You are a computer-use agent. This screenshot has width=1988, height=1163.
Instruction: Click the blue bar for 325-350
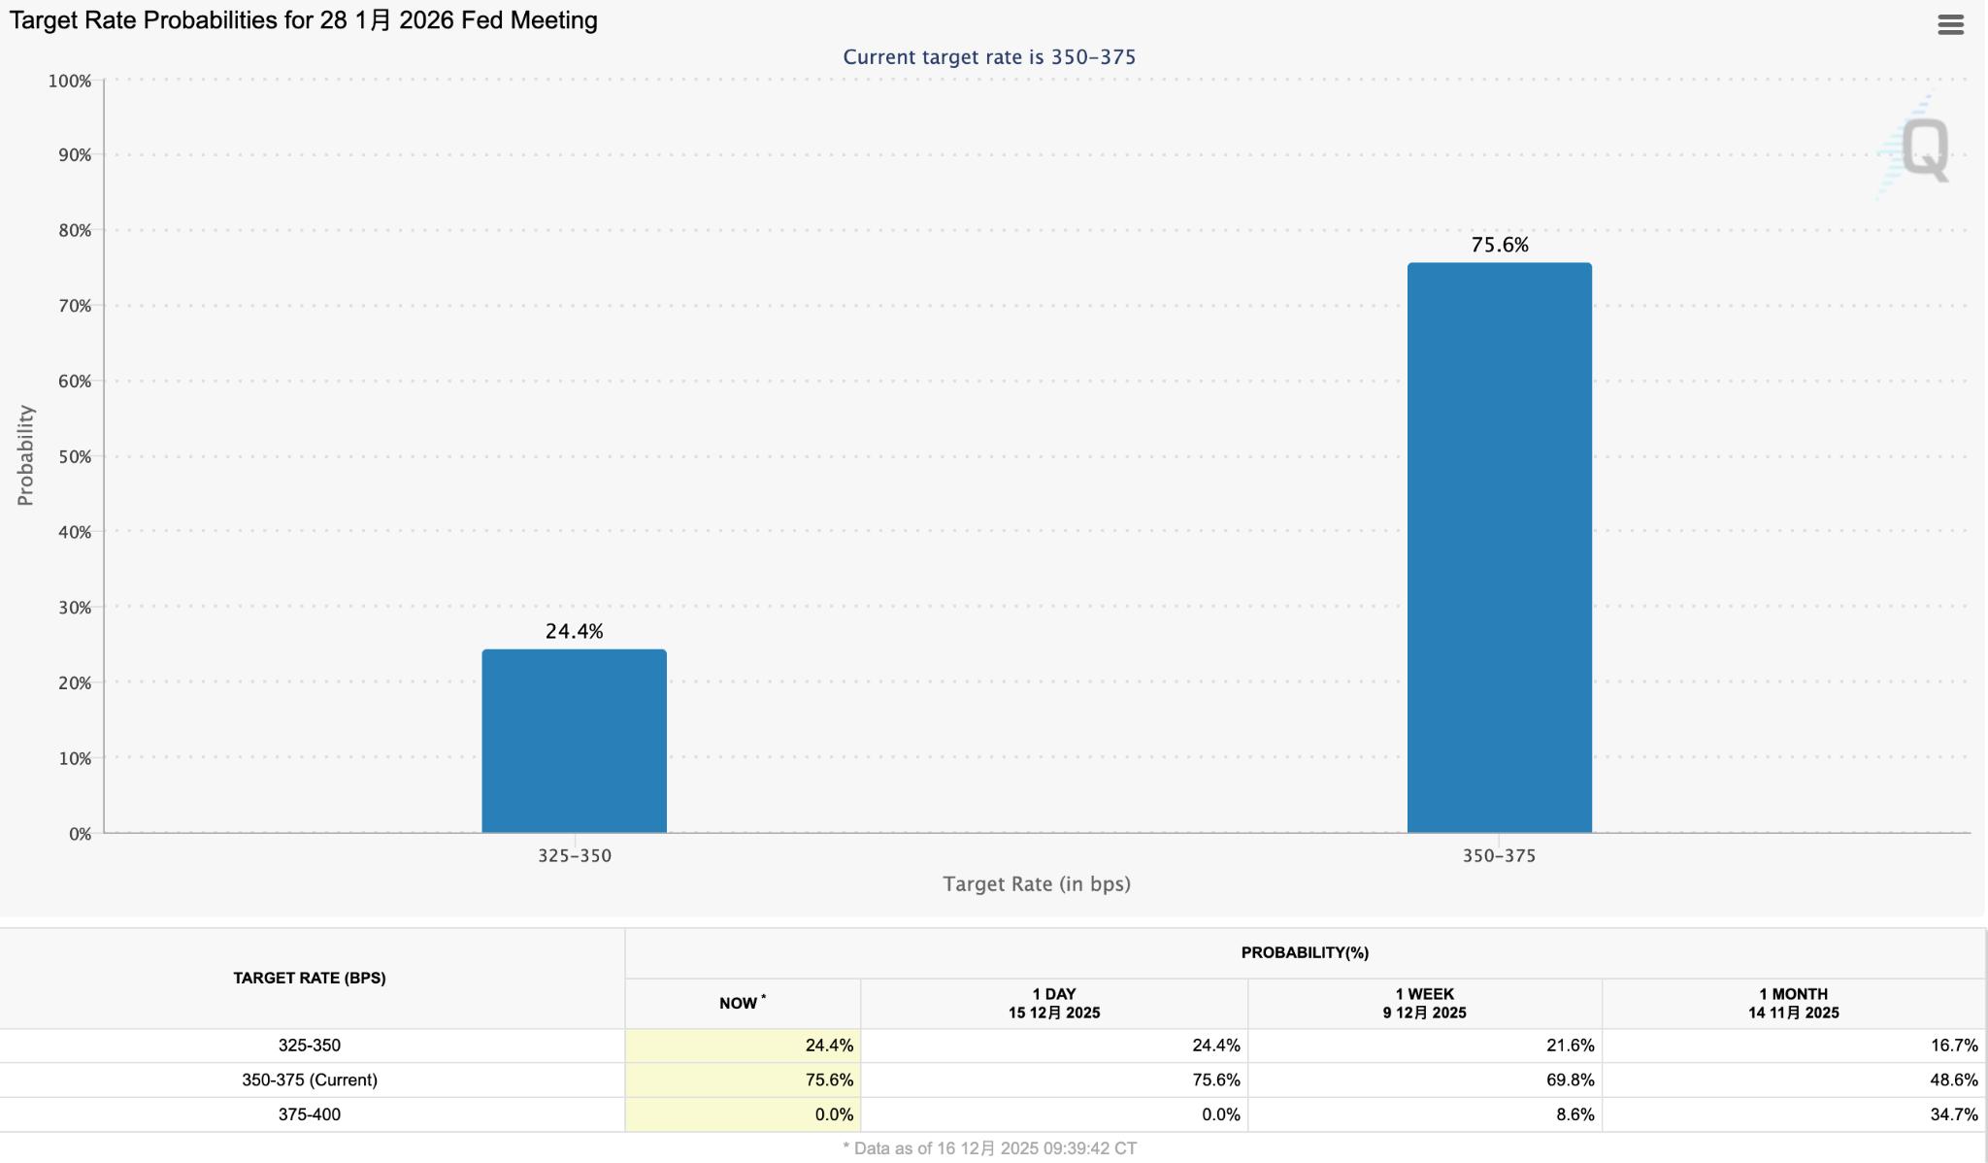point(574,741)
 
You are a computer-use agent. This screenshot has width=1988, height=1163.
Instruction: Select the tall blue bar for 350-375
point(1499,548)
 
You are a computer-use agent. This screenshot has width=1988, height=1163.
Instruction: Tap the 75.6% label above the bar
point(1500,245)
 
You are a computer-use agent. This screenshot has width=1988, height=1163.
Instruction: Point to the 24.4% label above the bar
point(574,631)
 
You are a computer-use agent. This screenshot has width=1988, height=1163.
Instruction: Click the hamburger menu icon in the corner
point(1950,25)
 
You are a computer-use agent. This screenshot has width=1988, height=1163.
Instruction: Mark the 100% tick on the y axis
point(70,81)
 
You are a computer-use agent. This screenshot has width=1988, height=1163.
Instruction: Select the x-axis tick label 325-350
point(574,855)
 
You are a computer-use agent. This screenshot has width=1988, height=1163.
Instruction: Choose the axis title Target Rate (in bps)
point(1036,883)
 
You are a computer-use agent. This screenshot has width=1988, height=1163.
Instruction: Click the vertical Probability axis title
point(25,455)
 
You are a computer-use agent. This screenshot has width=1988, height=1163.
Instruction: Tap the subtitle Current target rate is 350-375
point(988,57)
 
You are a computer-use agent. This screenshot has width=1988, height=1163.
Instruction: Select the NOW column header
point(742,1003)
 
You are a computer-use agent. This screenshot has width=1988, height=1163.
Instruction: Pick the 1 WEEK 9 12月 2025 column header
point(1424,1003)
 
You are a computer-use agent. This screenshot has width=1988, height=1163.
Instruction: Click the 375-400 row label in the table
point(309,1114)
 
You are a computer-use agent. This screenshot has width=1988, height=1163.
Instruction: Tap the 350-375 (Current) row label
point(309,1080)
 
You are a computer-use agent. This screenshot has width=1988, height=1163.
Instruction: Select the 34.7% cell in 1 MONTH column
point(1953,1114)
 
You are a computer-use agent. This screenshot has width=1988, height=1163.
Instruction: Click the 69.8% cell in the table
point(1569,1080)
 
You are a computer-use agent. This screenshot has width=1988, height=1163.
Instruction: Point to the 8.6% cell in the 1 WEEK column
point(1574,1114)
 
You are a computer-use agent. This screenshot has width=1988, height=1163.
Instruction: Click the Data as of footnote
point(989,1148)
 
